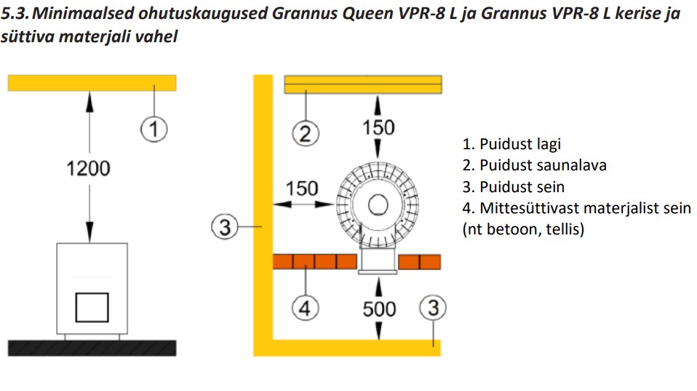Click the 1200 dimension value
[89, 169]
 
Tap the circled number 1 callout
[154, 130]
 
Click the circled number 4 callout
[306, 308]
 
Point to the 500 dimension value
[379, 309]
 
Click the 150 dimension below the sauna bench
[378, 127]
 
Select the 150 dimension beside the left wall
[301, 189]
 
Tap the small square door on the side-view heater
[92, 307]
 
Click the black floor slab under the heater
[92, 347]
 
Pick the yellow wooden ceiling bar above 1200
[92, 82]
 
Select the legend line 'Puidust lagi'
[511, 144]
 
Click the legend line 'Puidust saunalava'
[534, 165]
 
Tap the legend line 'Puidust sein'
[513, 186]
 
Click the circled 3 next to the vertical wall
[225, 228]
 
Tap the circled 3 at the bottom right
[434, 308]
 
